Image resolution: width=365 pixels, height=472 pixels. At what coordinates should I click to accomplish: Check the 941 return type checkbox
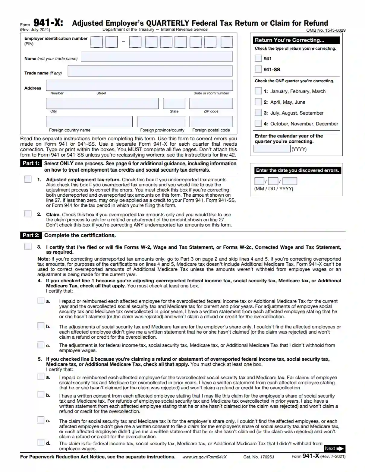[x=258, y=58]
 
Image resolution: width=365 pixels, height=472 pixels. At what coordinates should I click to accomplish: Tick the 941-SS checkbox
[x=258, y=69]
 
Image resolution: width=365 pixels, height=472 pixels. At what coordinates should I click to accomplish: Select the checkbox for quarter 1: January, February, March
[x=258, y=91]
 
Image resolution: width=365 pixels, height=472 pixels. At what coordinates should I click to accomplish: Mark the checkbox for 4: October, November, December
[x=258, y=123]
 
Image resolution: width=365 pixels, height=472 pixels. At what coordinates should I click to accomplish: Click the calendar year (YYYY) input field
[x=272, y=149]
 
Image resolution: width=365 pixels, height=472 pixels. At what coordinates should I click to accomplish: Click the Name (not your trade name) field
[x=156, y=56]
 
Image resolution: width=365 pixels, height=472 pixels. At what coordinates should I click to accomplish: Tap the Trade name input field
[x=150, y=71]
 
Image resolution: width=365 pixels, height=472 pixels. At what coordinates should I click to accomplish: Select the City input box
[x=102, y=103]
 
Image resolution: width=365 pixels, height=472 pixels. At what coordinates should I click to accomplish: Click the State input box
[x=174, y=103]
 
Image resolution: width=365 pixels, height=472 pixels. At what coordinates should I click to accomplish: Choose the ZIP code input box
[x=211, y=103]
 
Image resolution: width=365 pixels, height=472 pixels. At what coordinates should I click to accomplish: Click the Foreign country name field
[x=89, y=122]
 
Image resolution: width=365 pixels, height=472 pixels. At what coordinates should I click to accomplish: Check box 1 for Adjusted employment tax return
[x=28, y=179]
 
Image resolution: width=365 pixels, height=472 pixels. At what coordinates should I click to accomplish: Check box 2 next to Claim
[x=28, y=214]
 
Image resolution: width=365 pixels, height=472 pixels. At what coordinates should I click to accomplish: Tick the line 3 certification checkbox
[x=28, y=246]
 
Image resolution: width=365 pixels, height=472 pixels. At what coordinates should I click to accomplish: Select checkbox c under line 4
[x=41, y=345]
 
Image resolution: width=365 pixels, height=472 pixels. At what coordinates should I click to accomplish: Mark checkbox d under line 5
[x=41, y=443]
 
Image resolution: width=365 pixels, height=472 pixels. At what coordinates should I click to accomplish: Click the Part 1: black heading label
[x=31, y=163]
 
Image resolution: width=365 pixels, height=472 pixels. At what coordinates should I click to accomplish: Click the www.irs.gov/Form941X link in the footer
[x=204, y=457]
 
